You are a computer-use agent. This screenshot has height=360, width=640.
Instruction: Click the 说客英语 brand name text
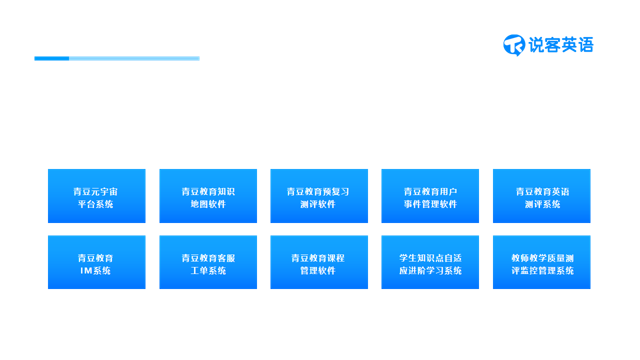(x=562, y=44)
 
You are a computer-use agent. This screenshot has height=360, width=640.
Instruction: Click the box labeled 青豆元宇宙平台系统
(x=96, y=196)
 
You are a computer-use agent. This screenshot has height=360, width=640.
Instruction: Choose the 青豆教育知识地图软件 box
(x=207, y=196)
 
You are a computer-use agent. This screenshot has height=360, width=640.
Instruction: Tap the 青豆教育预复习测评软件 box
(x=319, y=196)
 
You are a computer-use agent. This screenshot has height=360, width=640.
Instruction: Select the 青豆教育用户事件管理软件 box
(x=430, y=196)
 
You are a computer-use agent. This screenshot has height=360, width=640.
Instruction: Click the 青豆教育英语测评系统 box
(x=541, y=196)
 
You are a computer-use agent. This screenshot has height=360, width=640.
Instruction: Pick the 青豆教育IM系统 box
(x=96, y=263)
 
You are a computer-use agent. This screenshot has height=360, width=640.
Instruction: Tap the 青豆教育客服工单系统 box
(x=207, y=263)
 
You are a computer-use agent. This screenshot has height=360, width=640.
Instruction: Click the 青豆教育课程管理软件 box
(x=319, y=263)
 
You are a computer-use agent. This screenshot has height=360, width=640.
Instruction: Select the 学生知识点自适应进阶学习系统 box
(x=430, y=263)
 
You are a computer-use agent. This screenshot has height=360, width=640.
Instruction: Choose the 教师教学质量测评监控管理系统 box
(x=541, y=263)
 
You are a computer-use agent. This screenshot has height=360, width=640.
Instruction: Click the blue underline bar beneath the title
(x=116, y=59)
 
